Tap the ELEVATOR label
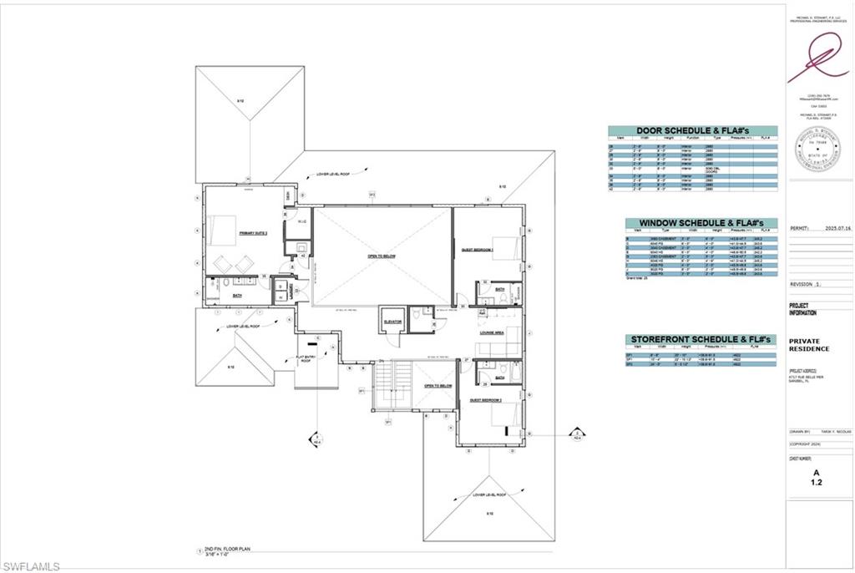click(x=393, y=321)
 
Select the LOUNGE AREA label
click(x=490, y=332)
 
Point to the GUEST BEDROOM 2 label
click(x=485, y=400)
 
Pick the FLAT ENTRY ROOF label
click(x=306, y=359)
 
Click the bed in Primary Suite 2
click(x=225, y=228)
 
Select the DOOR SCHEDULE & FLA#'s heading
click(x=691, y=131)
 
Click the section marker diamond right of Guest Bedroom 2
click(x=575, y=434)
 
